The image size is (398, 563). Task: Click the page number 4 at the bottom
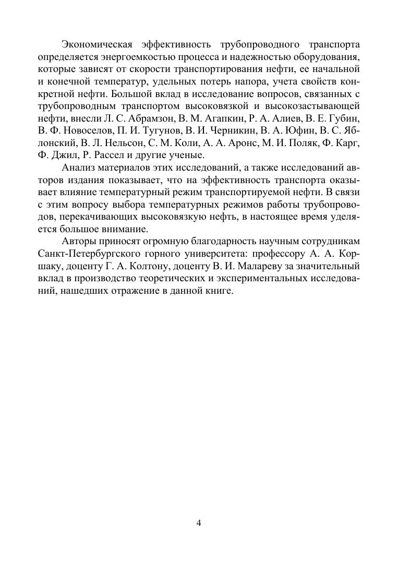(199, 523)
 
